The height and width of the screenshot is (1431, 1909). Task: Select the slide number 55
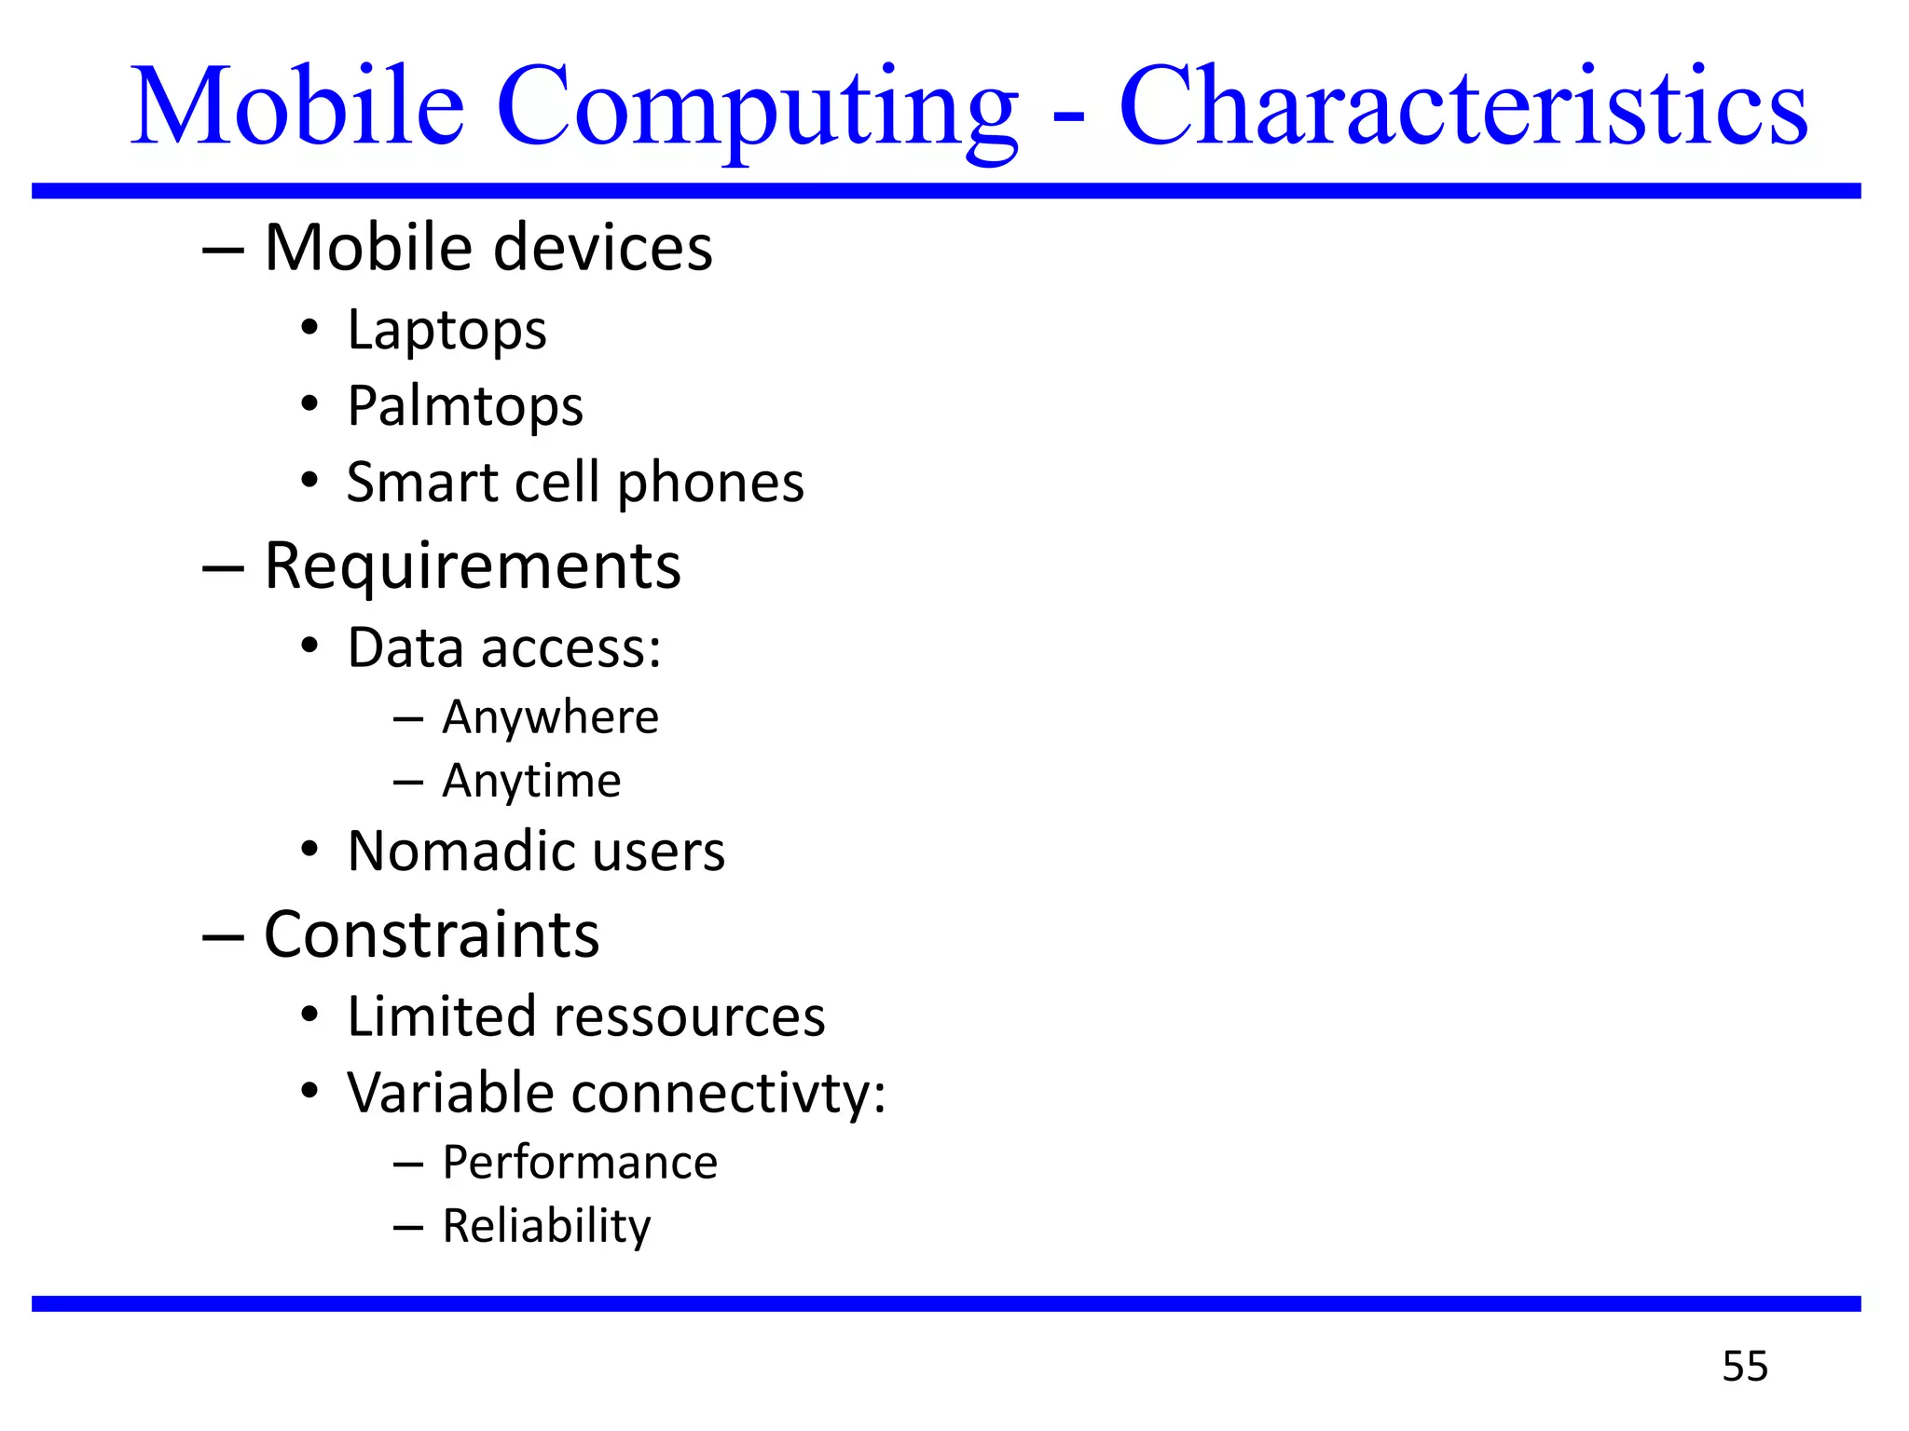1745,1366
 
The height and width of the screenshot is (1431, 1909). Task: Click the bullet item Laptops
446,330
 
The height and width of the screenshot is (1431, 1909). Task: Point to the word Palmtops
465,406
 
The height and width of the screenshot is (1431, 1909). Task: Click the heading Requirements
473,566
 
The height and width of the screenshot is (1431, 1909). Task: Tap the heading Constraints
432,934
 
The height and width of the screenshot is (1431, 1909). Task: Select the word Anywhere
550,717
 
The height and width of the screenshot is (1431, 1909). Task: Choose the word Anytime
531,781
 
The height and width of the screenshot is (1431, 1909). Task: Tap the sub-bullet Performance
580,1163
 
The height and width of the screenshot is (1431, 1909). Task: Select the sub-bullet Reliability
546,1226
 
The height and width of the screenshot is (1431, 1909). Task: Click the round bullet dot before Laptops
309,328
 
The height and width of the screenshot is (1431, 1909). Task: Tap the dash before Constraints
223,936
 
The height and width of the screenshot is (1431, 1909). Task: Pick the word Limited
442,1016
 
